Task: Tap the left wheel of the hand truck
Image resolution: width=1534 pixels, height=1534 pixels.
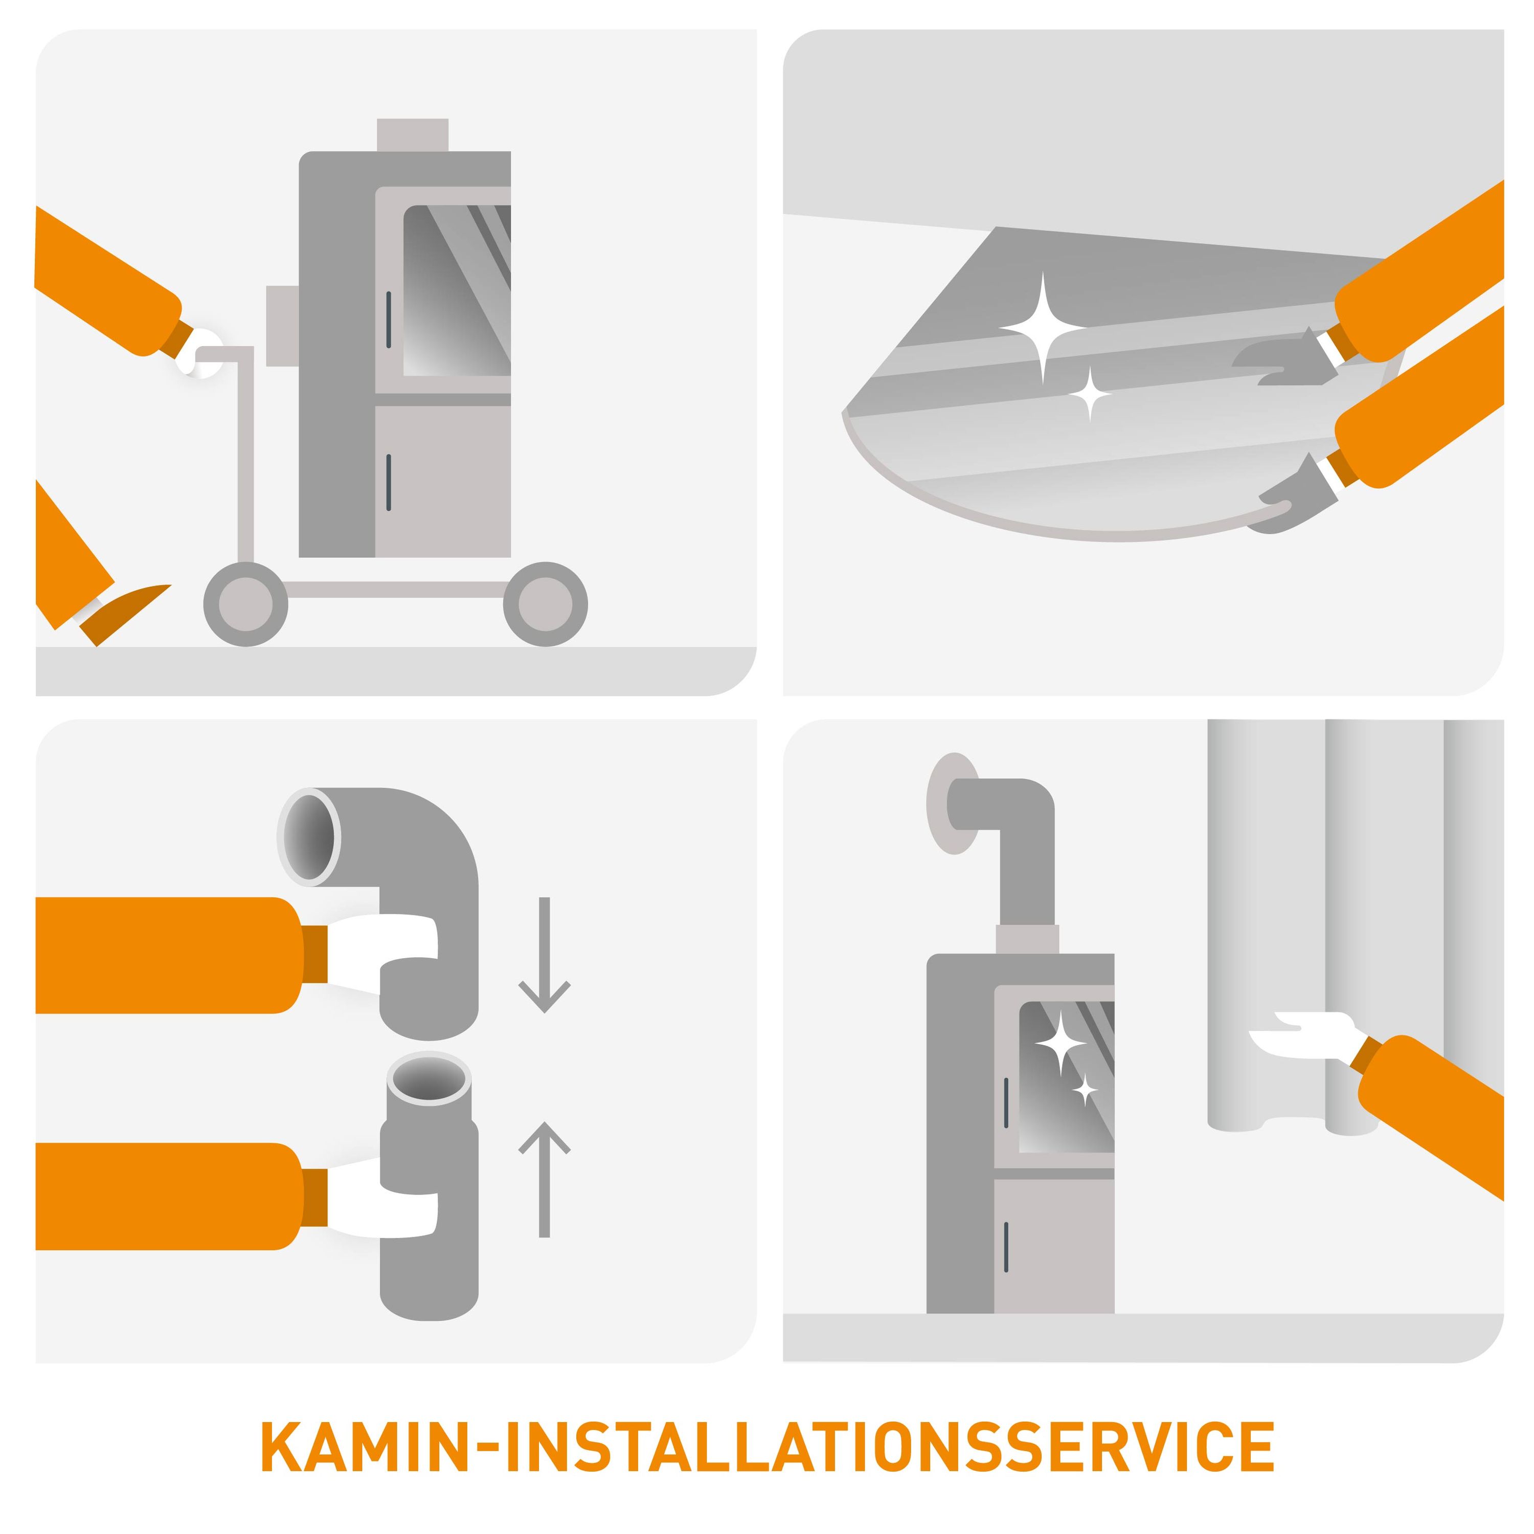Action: [245, 604]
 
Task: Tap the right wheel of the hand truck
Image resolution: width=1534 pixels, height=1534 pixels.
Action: [546, 604]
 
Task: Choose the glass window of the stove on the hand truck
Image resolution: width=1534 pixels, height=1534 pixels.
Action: [457, 290]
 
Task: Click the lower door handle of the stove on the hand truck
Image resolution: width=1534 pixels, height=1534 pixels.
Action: [388, 482]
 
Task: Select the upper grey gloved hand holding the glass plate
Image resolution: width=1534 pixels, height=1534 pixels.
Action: [1282, 358]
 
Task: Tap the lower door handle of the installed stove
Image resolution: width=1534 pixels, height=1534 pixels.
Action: [1006, 1247]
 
